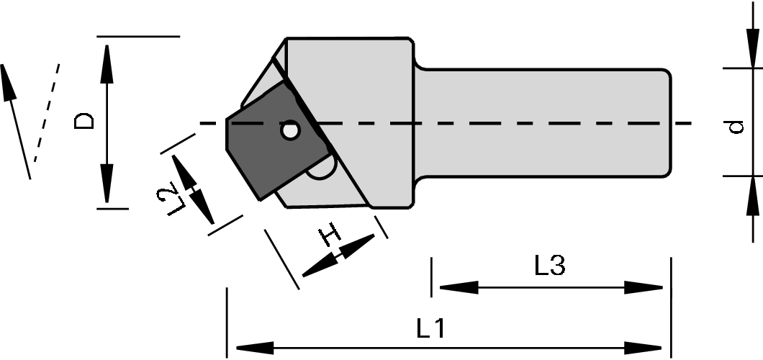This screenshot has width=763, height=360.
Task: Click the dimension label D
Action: (x=85, y=120)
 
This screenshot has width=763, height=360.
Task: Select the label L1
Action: (x=430, y=328)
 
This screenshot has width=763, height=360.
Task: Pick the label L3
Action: (x=550, y=266)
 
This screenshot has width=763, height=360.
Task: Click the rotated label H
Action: (x=329, y=234)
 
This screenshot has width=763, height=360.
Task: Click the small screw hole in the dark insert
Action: (x=290, y=131)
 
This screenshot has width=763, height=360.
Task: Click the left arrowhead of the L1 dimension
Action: (x=245, y=347)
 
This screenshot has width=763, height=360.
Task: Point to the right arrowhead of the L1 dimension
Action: (x=652, y=347)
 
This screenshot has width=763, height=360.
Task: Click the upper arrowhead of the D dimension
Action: (x=107, y=58)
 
